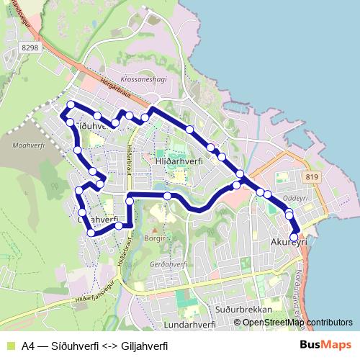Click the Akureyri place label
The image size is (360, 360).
tap(288, 243)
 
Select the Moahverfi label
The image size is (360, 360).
tap(28, 145)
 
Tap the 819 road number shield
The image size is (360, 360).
tap(312, 177)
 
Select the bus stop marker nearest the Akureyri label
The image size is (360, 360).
tap(294, 237)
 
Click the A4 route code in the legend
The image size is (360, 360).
tap(30, 346)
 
